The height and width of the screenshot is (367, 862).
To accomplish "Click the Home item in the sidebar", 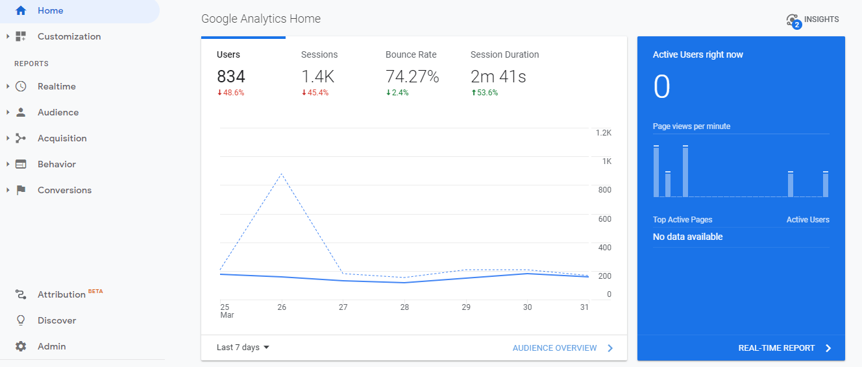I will (x=50, y=11).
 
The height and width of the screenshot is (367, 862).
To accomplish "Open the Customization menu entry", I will (x=69, y=37).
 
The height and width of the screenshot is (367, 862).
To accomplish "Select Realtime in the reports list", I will (x=56, y=87).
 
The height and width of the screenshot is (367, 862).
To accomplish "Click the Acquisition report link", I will (x=62, y=139).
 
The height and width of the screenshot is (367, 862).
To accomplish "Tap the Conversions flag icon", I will (x=21, y=191).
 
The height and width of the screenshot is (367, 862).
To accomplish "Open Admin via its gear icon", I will (x=21, y=347).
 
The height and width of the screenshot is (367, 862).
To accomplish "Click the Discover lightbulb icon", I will (x=21, y=321).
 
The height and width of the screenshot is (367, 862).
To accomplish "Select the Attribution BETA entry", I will (x=62, y=295).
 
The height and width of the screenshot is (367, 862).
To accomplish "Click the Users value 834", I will (x=231, y=77).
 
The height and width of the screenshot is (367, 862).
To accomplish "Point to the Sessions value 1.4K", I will (x=317, y=77).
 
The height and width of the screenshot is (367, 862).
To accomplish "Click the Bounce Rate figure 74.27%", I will (x=412, y=77).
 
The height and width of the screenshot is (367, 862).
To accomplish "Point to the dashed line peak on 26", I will (x=282, y=174).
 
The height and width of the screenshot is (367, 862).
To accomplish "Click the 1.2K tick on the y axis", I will (x=603, y=133).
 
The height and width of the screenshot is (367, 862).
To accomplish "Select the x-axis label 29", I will (x=465, y=307).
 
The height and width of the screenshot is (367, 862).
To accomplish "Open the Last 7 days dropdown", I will (x=243, y=348).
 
